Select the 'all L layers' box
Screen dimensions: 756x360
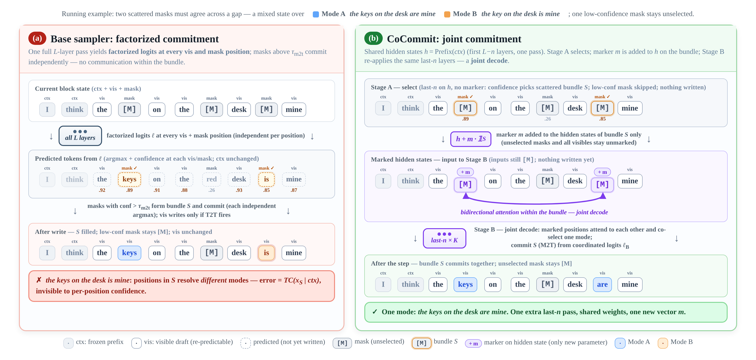(80, 136)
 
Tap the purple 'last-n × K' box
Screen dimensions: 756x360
(444, 238)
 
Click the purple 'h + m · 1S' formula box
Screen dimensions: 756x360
(471, 139)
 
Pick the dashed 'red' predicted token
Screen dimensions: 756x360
(212, 179)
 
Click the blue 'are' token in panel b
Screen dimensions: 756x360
(602, 284)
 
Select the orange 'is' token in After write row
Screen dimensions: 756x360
(266, 253)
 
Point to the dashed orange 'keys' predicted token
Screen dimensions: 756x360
(129, 179)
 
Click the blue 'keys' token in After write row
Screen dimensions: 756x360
(129, 253)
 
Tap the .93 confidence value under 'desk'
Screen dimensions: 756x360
(239, 190)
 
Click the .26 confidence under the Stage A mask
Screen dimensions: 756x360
(547, 119)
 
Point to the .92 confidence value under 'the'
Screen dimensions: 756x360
(102, 190)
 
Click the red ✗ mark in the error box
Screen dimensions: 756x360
(39, 280)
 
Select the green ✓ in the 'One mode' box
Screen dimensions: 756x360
(375, 312)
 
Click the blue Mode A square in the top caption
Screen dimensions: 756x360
(316, 14)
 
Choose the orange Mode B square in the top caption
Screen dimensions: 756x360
(447, 14)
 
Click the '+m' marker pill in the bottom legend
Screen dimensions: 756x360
(473, 343)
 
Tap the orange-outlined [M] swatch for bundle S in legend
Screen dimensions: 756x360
(421, 343)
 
